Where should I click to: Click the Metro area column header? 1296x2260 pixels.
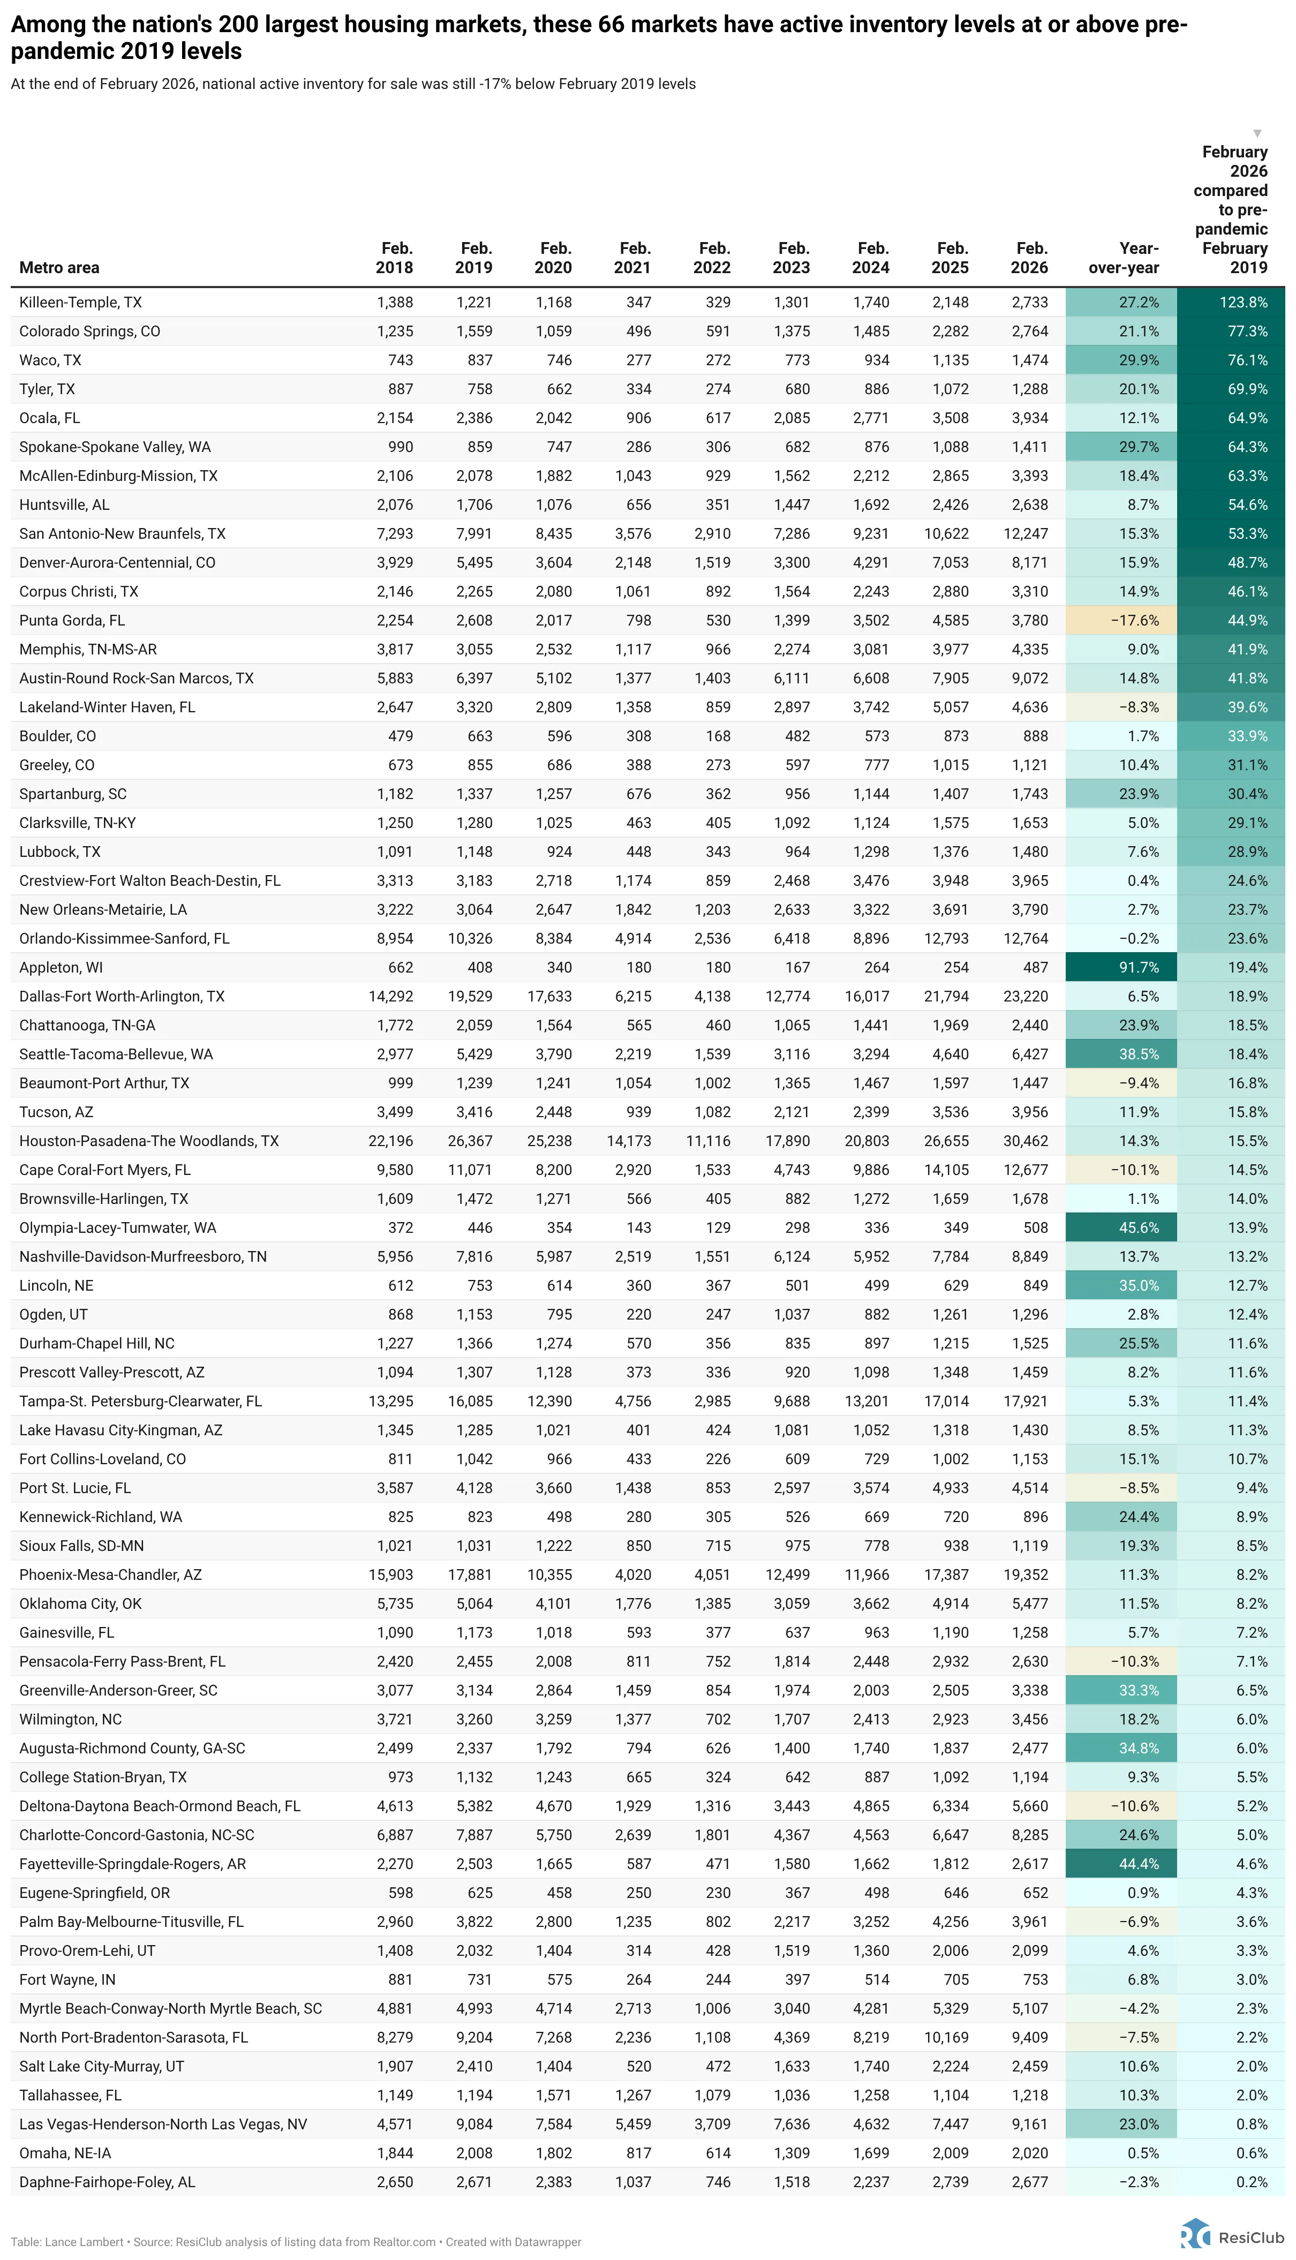(x=59, y=268)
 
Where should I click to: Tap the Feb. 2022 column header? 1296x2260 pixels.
(x=712, y=258)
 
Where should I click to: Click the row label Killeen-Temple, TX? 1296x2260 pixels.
(x=80, y=303)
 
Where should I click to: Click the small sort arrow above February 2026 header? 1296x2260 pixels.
(x=1257, y=133)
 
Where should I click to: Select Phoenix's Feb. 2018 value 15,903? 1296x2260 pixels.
(x=391, y=1575)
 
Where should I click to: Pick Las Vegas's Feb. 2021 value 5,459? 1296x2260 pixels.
(x=633, y=2125)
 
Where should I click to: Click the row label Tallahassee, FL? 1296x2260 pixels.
(x=70, y=2096)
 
